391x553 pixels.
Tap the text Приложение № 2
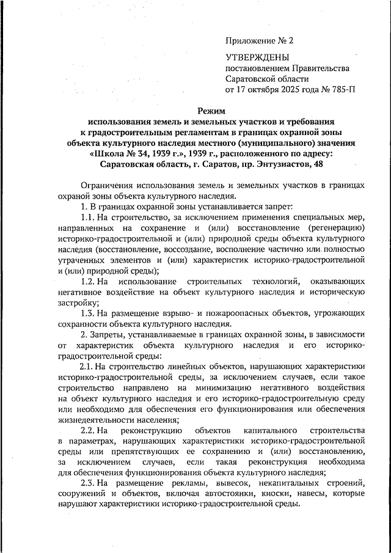point(260,41)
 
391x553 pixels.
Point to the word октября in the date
point(265,90)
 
